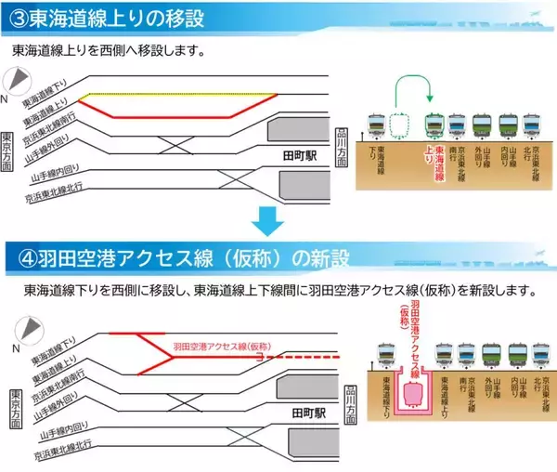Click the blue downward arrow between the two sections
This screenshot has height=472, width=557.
(267, 220)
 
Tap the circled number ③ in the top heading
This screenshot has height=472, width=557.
(16, 17)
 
